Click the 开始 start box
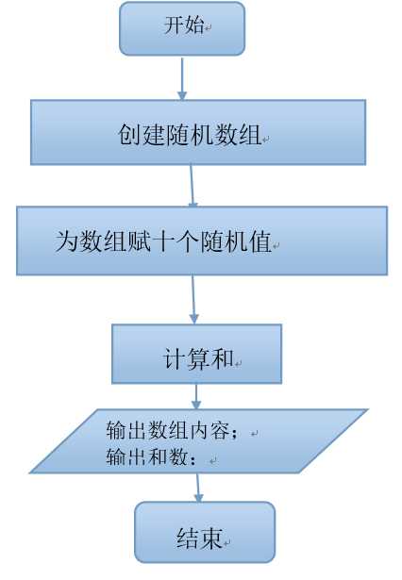pos(181,28)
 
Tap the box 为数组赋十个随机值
pos(201,240)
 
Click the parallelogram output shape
pos(198,440)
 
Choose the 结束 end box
pos(204,532)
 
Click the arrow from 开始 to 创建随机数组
pos(182,75)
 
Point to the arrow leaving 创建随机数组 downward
pos(193,185)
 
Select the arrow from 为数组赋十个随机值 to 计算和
pos(193,299)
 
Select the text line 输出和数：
pos(153,458)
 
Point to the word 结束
pos(198,538)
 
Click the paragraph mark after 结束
pos(227,541)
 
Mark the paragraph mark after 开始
pos(208,29)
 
